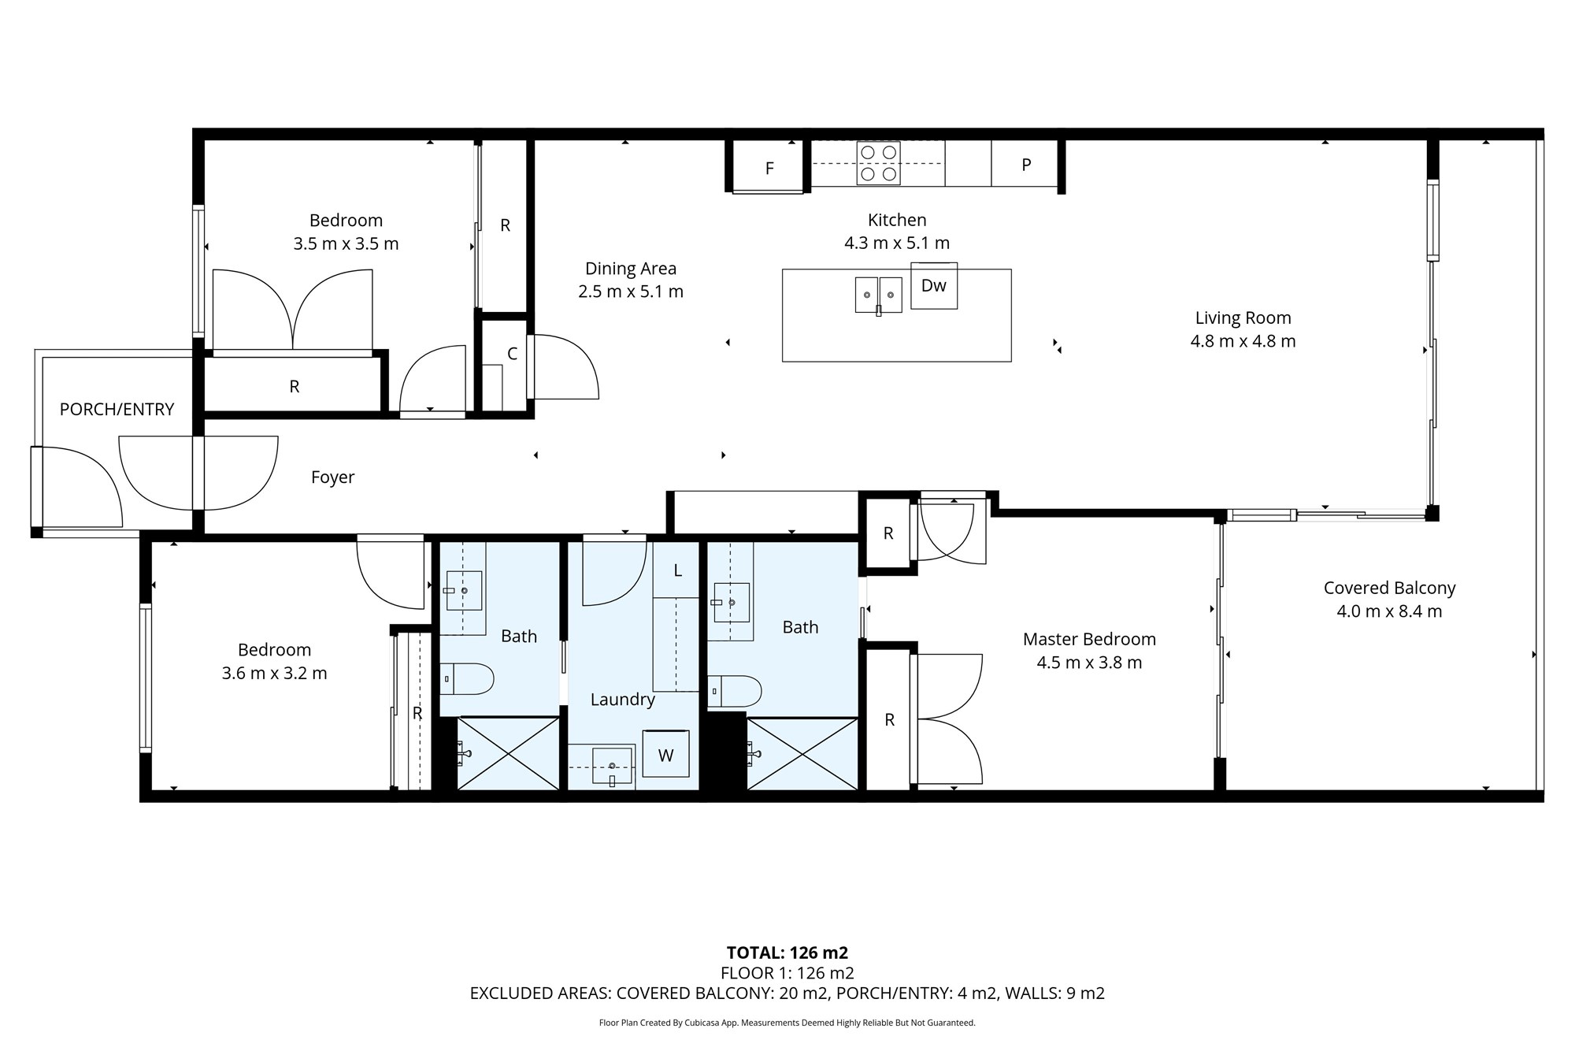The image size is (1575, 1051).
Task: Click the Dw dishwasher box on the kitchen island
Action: (x=934, y=285)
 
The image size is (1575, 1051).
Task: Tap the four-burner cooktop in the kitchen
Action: (x=878, y=163)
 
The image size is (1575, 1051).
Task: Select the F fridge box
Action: (x=769, y=168)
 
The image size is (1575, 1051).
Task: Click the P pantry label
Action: (x=1025, y=165)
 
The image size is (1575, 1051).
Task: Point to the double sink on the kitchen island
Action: (x=878, y=295)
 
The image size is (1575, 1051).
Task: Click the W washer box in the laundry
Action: (x=665, y=755)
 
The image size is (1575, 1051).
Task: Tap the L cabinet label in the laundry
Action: (x=677, y=570)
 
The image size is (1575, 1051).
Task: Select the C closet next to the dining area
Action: (x=511, y=354)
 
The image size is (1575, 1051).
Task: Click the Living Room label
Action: (x=1243, y=318)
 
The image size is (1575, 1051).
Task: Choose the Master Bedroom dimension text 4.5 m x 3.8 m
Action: (x=1089, y=663)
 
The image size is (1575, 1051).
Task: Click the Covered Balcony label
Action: (x=1389, y=588)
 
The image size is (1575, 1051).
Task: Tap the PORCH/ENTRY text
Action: (x=117, y=409)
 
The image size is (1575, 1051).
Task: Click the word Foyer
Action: (x=332, y=477)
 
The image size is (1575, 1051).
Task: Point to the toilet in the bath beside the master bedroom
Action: (x=736, y=691)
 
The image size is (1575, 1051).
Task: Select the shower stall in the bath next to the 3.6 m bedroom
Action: (x=508, y=753)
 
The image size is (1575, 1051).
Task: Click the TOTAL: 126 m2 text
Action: (x=787, y=953)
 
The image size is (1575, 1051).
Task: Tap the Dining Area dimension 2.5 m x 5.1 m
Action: (x=630, y=292)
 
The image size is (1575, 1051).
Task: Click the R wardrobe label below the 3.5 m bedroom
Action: (x=294, y=386)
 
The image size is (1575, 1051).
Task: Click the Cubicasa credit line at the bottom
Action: (x=787, y=1023)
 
